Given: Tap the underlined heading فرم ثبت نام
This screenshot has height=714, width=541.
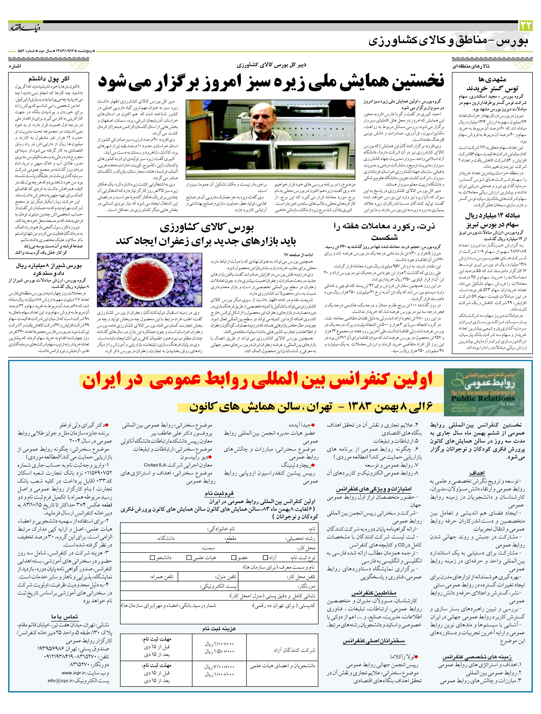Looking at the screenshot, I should coord(219,493).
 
